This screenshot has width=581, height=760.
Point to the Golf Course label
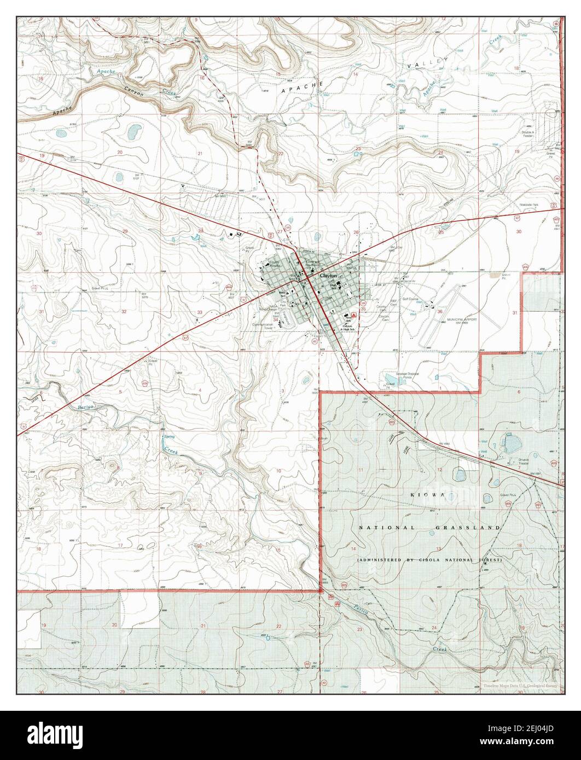(x=414, y=300)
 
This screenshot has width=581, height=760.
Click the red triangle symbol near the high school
(x=355, y=315)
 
